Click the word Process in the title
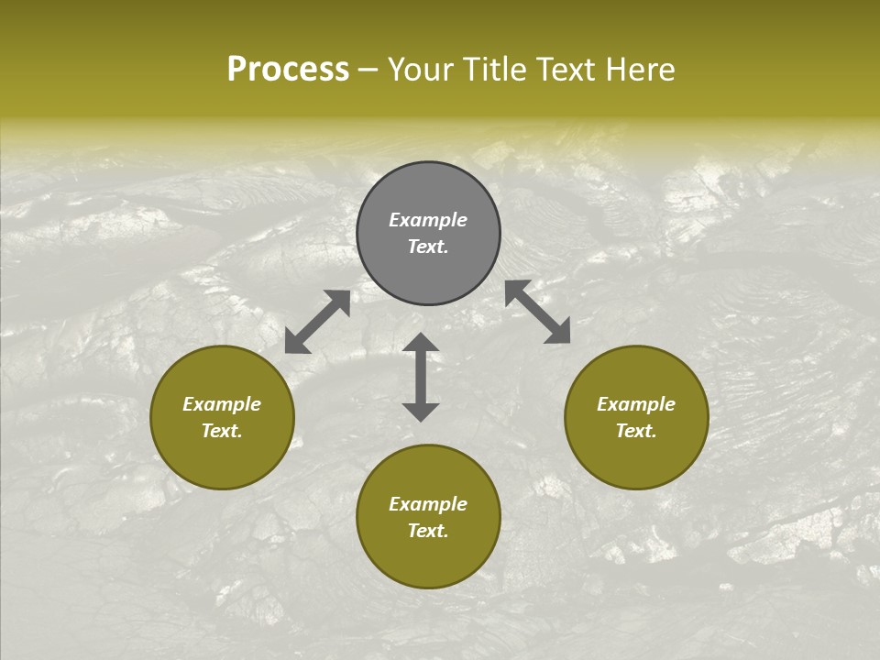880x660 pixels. click(288, 70)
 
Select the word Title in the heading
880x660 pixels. click(496, 70)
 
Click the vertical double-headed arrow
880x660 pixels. click(421, 377)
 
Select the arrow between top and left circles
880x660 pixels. click(317, 322)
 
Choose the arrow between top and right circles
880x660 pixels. click(538, 312)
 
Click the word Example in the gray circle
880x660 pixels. click(428, 220)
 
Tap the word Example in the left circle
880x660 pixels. click(222, 404)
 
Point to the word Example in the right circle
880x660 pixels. click(636, 404)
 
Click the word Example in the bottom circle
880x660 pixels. click(428, 504)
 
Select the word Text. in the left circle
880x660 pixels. click(222, 431)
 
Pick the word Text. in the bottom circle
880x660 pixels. click(428, 531)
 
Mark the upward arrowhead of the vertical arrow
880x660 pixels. click(421, 342)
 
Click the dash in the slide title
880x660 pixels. click(368, 71)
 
